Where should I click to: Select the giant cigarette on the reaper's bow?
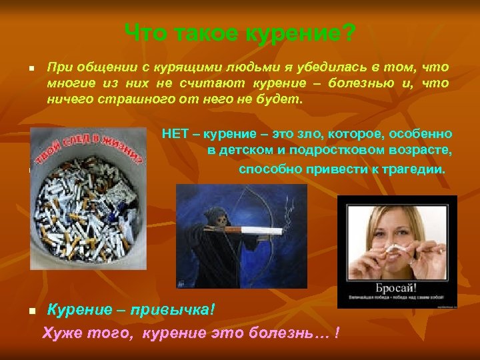(257, 230)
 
